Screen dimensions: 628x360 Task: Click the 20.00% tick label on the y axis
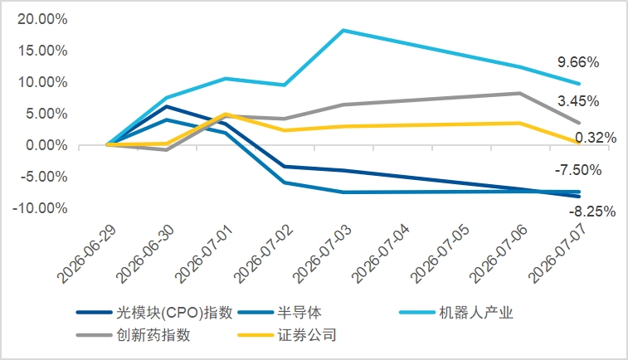(42, 19)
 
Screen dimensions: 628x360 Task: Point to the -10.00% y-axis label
(40, 208)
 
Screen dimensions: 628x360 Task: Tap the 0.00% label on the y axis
(46, 145)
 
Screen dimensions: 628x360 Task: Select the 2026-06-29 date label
(86, 255)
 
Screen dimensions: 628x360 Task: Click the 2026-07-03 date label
(322, 255)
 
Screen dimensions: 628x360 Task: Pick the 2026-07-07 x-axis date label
(557, 255)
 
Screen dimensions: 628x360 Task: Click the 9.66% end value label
(578, 62)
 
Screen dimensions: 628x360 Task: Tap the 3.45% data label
(578, 101)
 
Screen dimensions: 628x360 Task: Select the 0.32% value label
(596, 138)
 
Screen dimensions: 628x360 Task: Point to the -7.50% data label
(578, 170)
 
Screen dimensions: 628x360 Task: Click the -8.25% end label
(592, 211)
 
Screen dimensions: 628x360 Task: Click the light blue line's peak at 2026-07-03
(343, 30)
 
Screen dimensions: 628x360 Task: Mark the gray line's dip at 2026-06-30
(167, 150)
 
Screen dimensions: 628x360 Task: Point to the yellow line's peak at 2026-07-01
(226, 114)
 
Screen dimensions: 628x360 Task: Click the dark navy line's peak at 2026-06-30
(167, 106)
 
